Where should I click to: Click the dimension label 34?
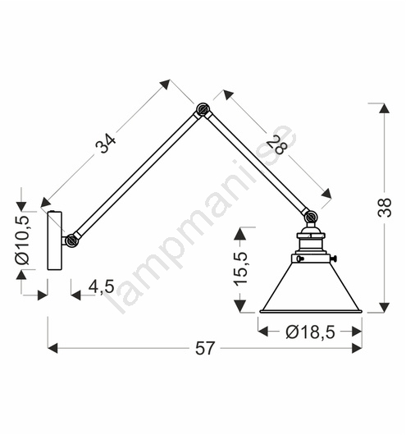[x=105, y=144]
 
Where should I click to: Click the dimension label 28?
[x=276, y=145]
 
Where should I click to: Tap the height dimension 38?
[x=385, y=208]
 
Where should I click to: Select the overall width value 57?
[x=205, y=348]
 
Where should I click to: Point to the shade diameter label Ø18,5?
[x=310, y=332]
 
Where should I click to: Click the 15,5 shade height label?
[x=240, y=268]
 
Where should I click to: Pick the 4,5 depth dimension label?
[x=101, y=286]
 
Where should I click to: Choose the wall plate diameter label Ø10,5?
[x=22, y=240]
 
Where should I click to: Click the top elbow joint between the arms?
[x=203, y=110]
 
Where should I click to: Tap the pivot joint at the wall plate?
[x=72, y=240]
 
